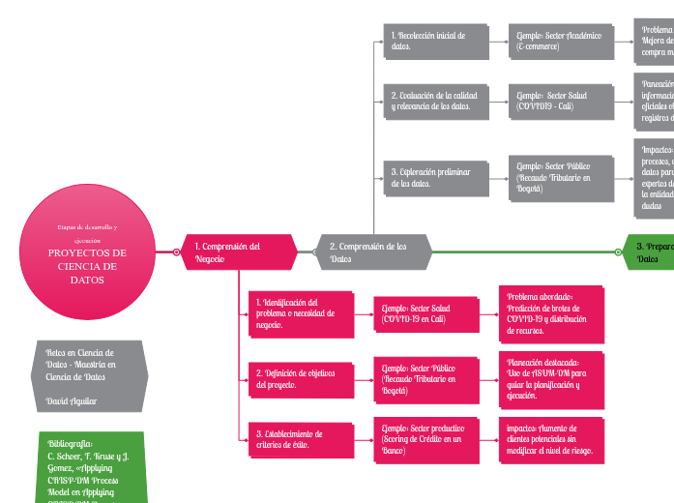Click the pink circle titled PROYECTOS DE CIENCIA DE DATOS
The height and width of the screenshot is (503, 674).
(87, 253)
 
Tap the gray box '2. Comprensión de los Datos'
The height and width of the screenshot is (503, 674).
(373, 252)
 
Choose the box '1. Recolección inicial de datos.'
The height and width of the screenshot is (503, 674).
(434, 41)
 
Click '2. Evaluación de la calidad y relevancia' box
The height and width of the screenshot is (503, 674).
(434, 101)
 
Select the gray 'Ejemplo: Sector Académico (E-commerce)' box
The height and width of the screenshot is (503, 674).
(560, 41)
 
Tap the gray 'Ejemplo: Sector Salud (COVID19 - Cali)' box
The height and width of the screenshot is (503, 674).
(560, 101)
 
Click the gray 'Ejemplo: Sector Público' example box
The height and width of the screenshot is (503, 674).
(560, 178)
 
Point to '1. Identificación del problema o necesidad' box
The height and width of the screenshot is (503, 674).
(299, 313)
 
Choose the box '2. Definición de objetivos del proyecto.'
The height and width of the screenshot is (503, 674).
(299, 378)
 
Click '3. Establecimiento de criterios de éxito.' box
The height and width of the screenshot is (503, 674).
(299, 438)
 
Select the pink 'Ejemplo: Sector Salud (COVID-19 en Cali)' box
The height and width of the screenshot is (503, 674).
(425, 313)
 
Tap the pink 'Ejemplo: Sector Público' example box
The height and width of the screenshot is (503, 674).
(425, 379)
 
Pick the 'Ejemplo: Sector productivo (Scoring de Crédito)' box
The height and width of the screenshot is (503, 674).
(425, 439)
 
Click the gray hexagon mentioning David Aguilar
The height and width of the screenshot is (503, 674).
(88, 375)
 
